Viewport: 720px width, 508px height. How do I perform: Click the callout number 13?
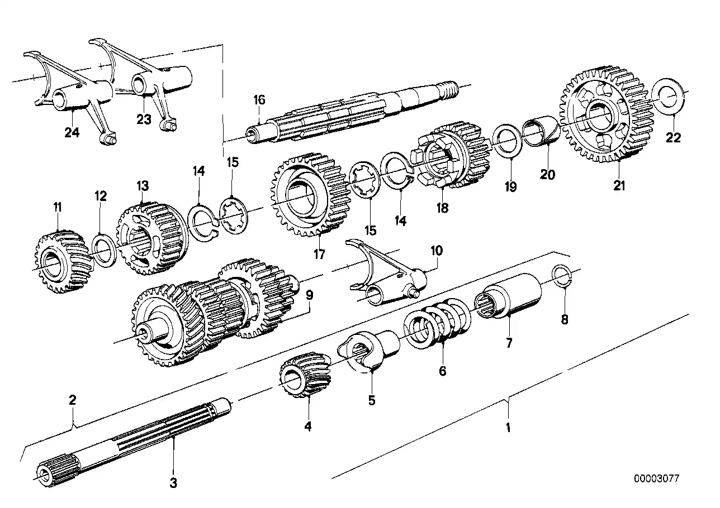pyautogui.click(x=143, y=185)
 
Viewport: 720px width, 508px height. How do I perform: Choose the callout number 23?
pyautogui.click(x=144, y=119)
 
